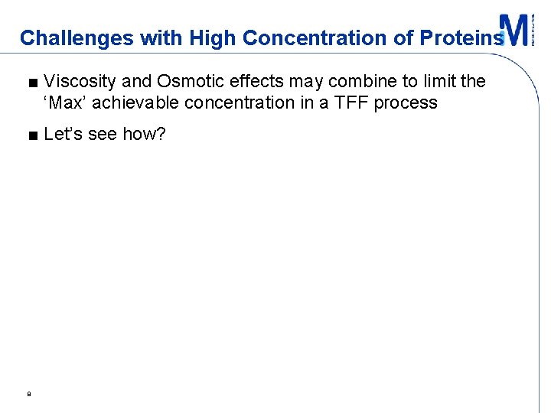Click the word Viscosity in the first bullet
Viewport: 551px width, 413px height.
pyautogui.click(x=80, y=82)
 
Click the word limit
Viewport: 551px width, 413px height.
pyautogui.click(x=439, y=82)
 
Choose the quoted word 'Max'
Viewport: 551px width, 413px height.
pyautogui.click(x=64, y=102)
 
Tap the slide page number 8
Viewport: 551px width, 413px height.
pyautogui.click(x=28, y=395)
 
